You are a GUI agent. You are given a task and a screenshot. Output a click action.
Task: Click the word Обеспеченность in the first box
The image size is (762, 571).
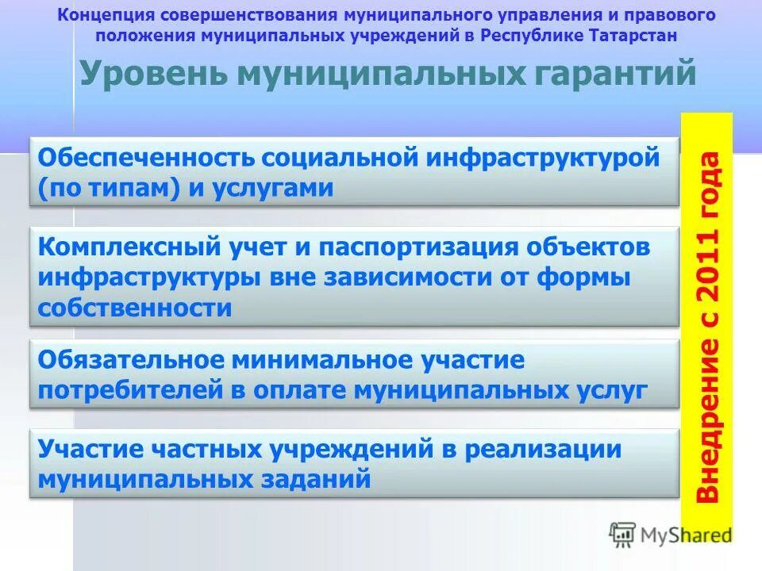click(x=147, y=157)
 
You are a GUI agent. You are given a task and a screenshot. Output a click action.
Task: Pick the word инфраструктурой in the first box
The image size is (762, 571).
click(x=542, y=157)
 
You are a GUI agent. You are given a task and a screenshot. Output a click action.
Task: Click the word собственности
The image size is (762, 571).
click(x=135, y=308)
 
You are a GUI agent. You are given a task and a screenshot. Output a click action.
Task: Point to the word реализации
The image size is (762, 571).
click(x=542, y=450)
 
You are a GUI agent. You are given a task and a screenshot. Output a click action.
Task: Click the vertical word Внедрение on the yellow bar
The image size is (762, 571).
click(x=708, y=420)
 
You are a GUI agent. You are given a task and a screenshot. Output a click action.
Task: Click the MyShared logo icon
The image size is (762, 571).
click(x=622, y=534)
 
